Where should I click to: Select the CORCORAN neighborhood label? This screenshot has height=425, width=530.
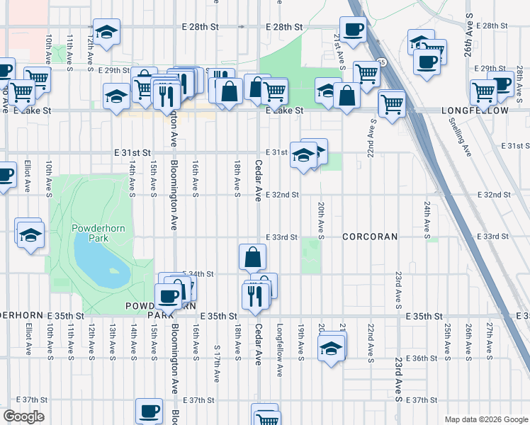coord(371,236)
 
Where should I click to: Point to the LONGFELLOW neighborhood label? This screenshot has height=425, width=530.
coord(475,111)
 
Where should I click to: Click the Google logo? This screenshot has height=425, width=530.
coord(23,416)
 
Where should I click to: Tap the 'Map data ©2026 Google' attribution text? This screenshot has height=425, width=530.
coord(485,419)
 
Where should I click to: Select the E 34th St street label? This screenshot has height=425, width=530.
coord(198,273)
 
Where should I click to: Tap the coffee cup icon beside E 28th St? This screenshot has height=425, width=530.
coord(352,29)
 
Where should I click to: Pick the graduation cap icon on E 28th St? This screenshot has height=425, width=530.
coord(107,32)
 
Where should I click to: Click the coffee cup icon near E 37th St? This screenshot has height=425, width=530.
coord(149,410)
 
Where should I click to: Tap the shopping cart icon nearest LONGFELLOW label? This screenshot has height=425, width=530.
coord(484,91)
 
